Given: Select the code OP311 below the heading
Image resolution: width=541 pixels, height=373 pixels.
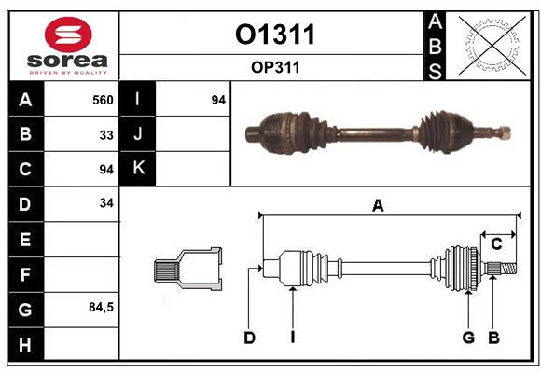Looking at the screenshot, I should pos(274,67).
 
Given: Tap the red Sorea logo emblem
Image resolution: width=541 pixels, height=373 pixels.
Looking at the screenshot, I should pos(68,35).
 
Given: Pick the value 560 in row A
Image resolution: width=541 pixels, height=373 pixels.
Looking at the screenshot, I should pos(103,100).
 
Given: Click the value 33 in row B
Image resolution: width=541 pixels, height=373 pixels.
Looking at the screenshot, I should pos(106,134).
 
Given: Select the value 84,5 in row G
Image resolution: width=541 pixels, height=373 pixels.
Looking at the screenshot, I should pos(101,307).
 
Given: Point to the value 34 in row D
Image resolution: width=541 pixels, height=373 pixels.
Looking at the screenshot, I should pos(106,202).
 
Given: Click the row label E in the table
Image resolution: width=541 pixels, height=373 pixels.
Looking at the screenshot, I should pos(25,239).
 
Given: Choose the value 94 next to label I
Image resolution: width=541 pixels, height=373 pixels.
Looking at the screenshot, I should pos(218,100).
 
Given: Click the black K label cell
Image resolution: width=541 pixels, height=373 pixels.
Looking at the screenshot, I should pos(138,169).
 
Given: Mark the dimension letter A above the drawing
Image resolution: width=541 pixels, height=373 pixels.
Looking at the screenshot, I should pos(378,206).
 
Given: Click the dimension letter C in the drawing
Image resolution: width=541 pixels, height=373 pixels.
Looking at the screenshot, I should pos(496,244).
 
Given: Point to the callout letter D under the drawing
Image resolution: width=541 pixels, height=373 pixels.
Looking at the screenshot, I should pos(249,338).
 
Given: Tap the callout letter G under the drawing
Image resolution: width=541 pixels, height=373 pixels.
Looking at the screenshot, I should pos(468,338).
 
